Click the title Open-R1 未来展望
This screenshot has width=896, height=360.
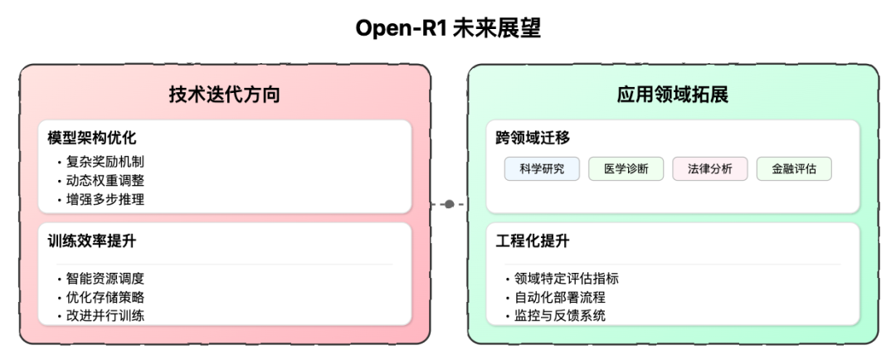448,28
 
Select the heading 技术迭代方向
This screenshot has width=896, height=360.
225,95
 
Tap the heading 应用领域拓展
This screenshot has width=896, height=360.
673,95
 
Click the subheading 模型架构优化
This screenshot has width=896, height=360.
92,139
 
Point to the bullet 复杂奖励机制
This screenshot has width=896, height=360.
105,162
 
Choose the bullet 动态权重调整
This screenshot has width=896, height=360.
105,181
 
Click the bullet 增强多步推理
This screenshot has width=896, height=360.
105,199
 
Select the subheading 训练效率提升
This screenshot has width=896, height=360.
92,241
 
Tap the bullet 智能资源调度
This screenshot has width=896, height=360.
105,278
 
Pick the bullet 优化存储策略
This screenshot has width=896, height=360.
105,297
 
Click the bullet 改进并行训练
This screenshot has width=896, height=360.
105,315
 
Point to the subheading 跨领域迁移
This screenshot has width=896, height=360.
533,139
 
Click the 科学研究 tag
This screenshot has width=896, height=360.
542,169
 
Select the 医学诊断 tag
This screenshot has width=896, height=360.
626,169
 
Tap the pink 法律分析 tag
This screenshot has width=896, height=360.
710,169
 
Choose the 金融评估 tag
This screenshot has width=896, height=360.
794,169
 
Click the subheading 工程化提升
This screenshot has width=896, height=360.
533,241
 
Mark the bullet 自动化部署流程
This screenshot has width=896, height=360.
560,297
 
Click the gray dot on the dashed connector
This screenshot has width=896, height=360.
449,204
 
